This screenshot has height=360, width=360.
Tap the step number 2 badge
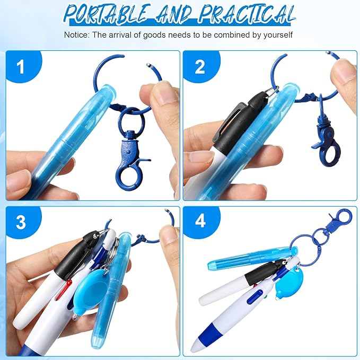pyautogui.click(x=199, y=67)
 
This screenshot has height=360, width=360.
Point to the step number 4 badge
pyautogui.click(x=200, y=221)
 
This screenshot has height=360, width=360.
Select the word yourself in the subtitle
pyautogui.click(x=276, y=35)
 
